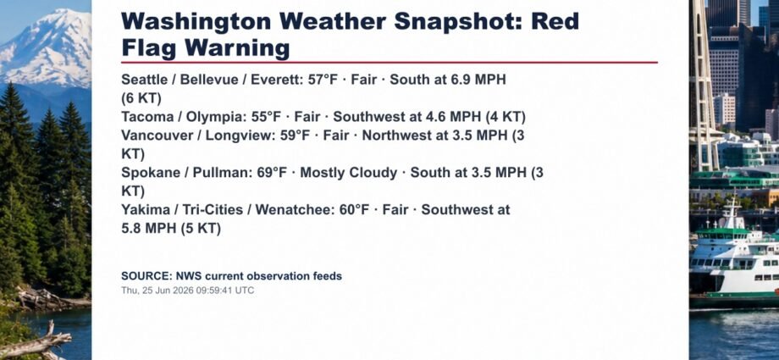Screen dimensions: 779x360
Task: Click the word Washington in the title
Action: (x=196, y=22)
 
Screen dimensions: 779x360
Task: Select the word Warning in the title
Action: (x=237, y=48)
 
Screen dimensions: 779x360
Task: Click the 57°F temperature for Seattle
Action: (x=323, y=80)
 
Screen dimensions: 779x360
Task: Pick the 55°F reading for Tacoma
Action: (x=266, y=117)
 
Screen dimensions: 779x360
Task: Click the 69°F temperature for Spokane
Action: (x=273, y=173)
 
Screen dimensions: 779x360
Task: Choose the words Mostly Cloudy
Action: (x=349, y=173)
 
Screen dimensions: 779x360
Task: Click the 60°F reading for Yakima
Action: (x=354, y=210)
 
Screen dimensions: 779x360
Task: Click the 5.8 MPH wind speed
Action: (x=148, y=229)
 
